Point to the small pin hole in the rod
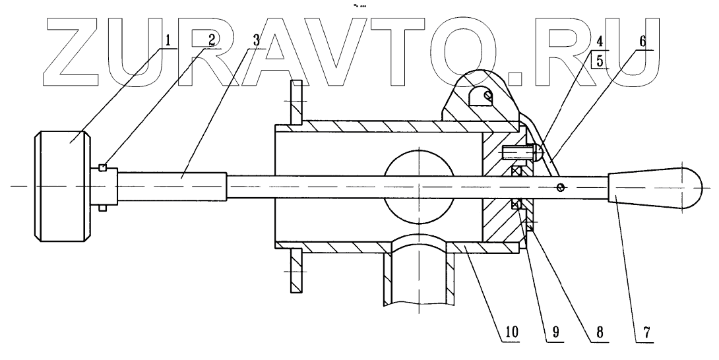560,187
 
